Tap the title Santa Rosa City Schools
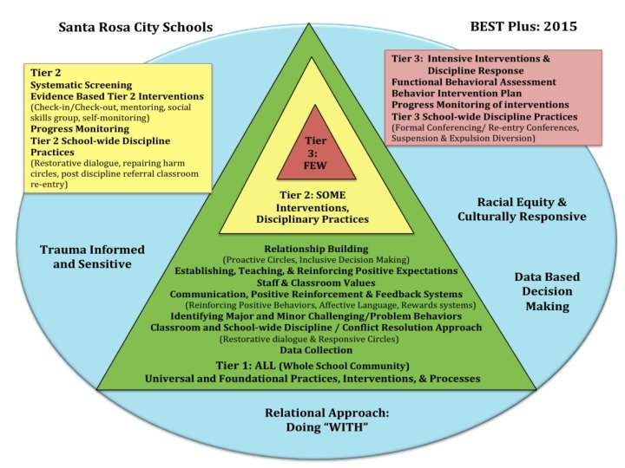(135, 27)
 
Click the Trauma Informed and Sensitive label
(92, 257)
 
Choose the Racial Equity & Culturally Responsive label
(522, 208)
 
